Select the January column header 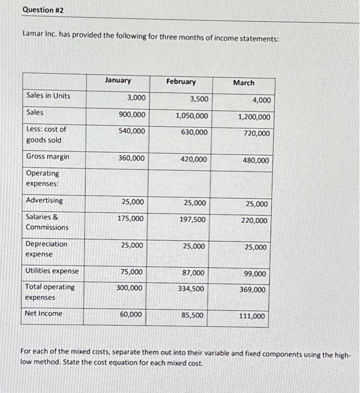(117, 80)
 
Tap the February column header (181, 81)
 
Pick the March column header (243, 83)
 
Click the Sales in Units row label (48, 95)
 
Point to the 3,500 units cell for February (199, 99)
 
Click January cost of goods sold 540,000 (131, 131)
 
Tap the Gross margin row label (48, 157)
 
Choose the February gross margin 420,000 (194, 159)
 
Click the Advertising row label (44, 200)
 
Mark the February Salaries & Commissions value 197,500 (193, 220)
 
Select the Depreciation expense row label (46, 249)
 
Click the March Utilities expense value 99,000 (255, 273)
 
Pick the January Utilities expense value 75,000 (132, 272)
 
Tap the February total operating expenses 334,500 (192, 289)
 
